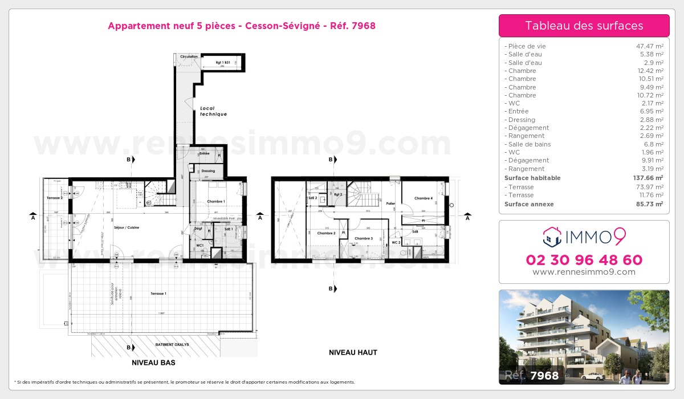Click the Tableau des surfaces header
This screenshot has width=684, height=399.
(584, 26)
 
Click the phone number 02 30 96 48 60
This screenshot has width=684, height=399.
(584, 260)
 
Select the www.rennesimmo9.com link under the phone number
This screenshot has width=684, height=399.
(584, 272)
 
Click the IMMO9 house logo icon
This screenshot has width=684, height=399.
(552, 235)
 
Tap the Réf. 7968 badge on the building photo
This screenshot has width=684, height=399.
(532, 375)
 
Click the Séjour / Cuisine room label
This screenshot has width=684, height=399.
(127, 227)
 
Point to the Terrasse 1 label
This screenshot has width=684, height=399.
(158, 293)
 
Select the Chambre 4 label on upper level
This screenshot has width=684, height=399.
(424, 198)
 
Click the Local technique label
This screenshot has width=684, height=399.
(213, 111)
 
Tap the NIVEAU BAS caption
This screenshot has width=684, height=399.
(153, 363)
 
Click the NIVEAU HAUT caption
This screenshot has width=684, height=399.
(353, 353)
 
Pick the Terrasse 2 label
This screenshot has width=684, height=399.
(55, 197)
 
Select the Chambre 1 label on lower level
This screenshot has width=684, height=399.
(215, 201)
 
